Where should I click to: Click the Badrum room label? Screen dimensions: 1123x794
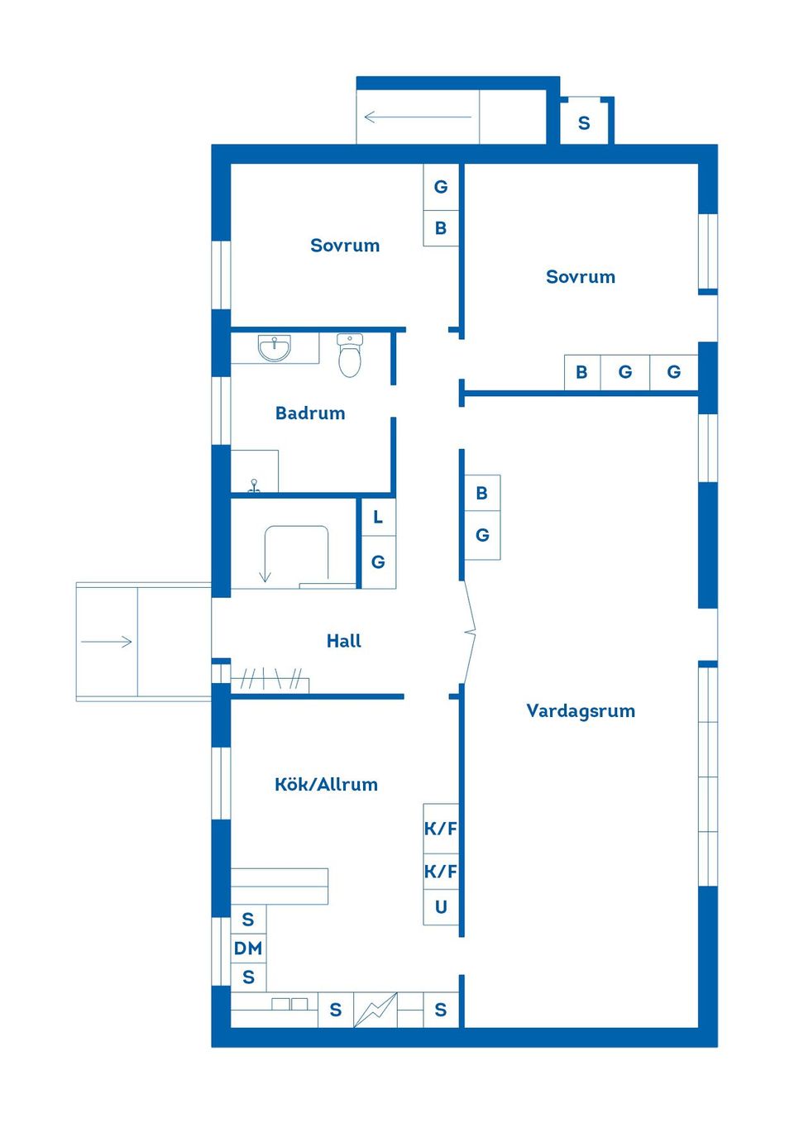(x=310, y=413)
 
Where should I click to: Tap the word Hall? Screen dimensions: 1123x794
(x=343, y=641)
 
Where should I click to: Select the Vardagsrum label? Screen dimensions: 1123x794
(x=581, y=710)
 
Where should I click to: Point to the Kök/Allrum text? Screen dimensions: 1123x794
(x=326, y=784)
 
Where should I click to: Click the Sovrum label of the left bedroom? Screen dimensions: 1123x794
(x=345, y=246)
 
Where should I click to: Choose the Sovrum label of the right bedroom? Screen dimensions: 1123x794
(x=581, y=277)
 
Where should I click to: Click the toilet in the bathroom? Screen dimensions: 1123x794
(x=350, y=356)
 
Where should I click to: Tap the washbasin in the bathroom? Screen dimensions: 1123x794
(x=274, y=348)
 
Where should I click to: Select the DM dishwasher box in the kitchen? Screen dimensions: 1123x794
(x=248, y=949)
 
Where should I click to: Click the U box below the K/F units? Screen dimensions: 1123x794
(x=441, y=907)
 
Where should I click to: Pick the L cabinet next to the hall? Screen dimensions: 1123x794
(x=378, y=518)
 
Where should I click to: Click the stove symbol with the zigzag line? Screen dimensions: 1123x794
(x=375, y=1010)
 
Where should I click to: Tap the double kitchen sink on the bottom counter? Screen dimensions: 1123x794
(x=289, y=1004)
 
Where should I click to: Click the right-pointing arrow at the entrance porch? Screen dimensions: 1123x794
(x=107, y=642)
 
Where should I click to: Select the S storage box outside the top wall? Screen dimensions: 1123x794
(x=584, y=123)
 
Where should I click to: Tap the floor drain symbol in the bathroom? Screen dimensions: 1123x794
(x=254, y=486)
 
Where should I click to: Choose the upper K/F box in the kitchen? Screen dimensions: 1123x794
(x=441, y=828)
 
